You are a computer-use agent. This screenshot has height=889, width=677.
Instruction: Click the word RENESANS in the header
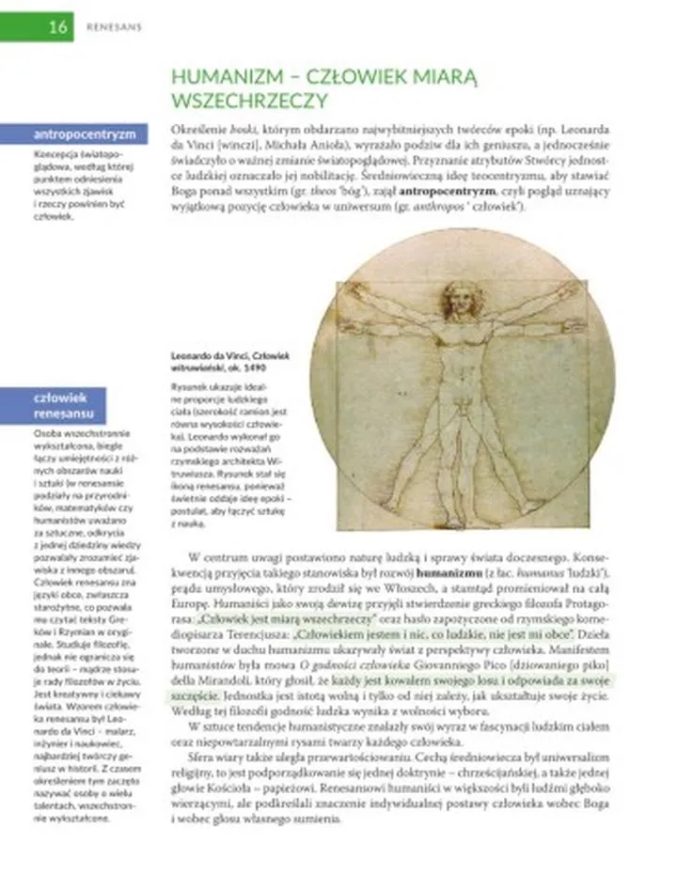coord(113,26)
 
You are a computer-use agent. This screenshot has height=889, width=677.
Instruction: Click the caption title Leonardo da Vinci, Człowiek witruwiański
coord(229,361)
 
